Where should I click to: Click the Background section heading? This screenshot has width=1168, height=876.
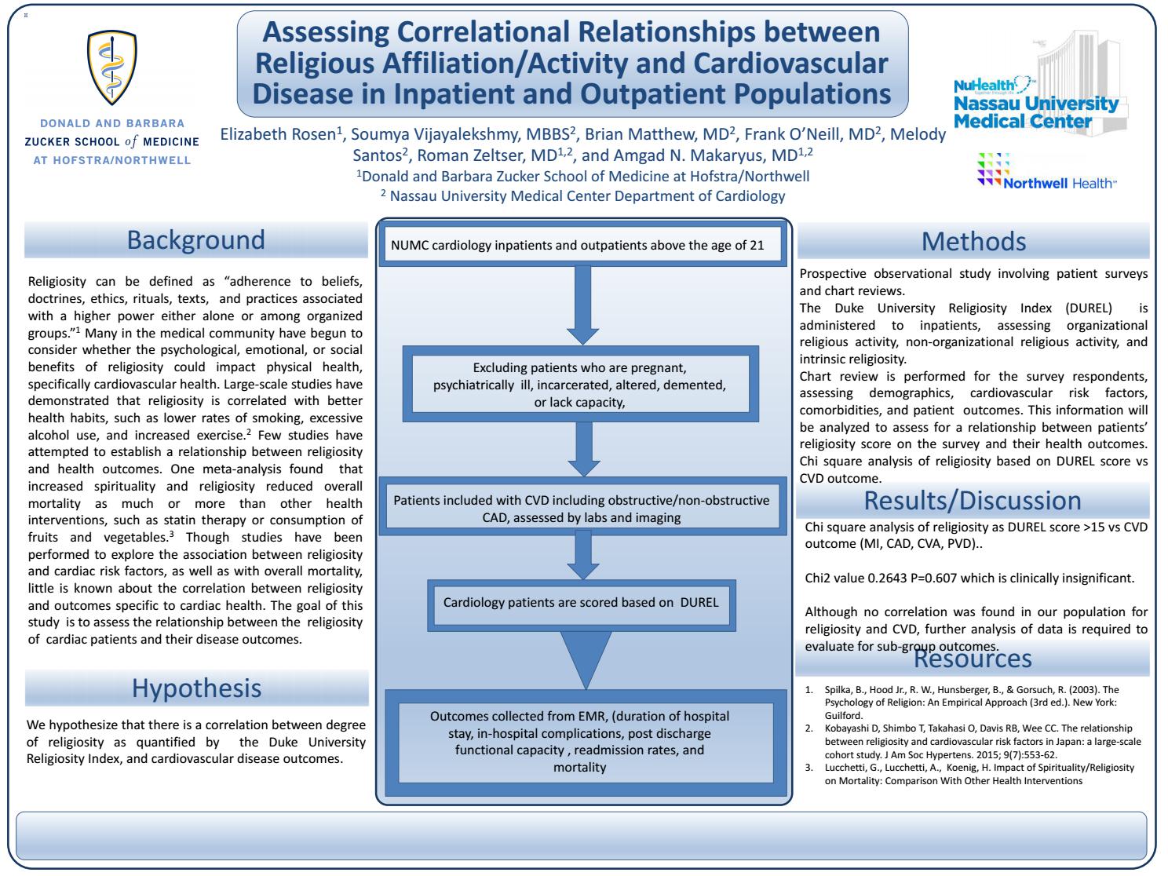click(196, 239)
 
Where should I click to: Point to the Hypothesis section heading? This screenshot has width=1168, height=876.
click(196, 688)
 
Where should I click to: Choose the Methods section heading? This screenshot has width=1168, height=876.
click(973, 241)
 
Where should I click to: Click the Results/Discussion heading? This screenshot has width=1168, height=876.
click(973, 500)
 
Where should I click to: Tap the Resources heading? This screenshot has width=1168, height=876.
click(973, 658)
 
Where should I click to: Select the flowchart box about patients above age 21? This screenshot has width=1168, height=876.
click(582, 246)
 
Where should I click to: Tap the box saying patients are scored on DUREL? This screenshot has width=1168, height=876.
click(581, 603)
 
